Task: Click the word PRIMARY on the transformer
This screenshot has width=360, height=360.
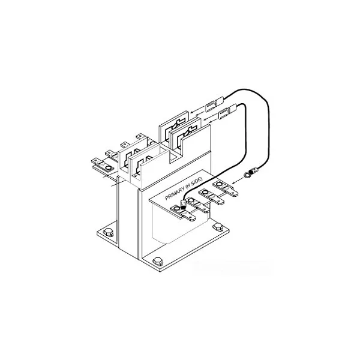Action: coord(175,197)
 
